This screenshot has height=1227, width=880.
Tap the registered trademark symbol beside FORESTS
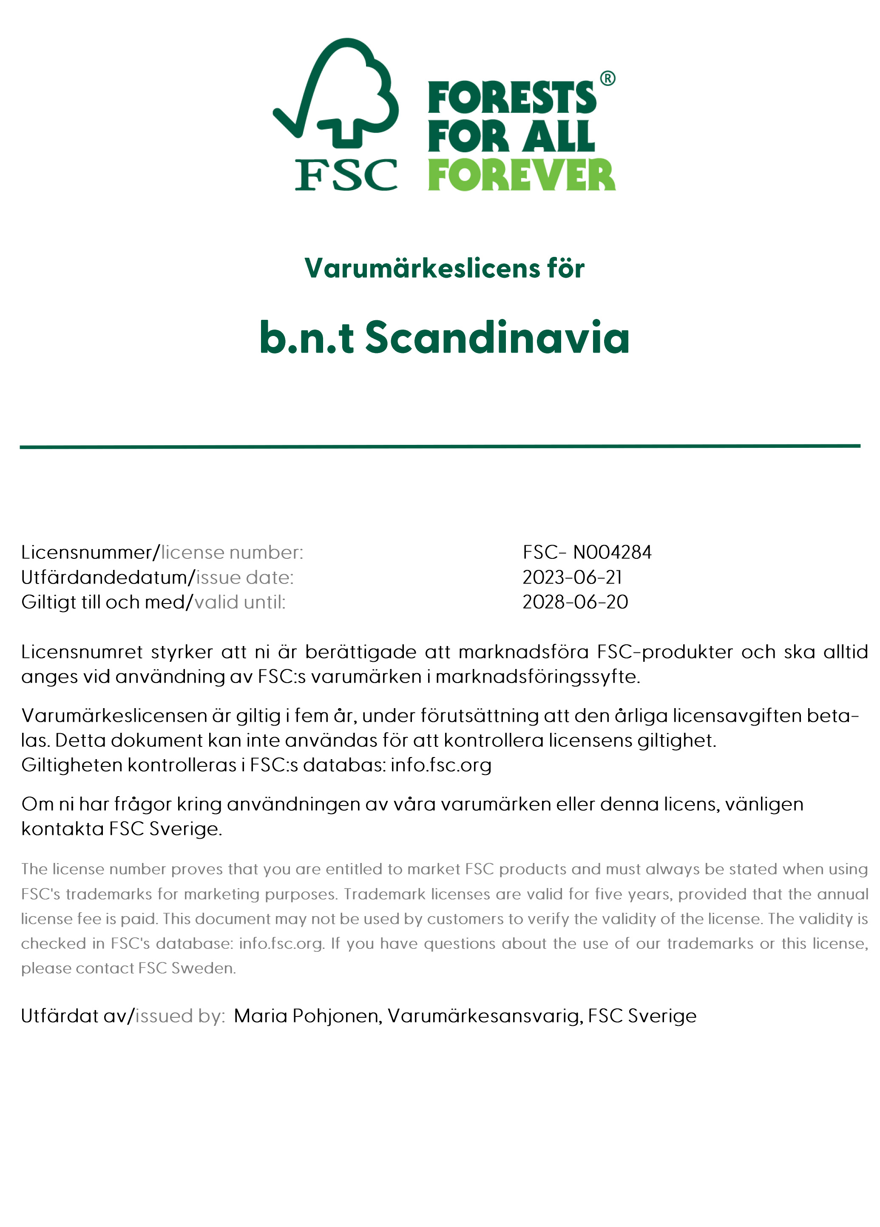pyautogui.click(x=607, y=78)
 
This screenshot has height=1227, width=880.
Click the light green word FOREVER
pyautogui.click(x=521, y=175)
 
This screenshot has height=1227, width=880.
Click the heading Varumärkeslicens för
pyautogui.click(x=444, y=268)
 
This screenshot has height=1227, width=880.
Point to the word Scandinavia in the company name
pyautogui.click(x=497, y=338)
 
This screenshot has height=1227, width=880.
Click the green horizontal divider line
pyautogui.click(x=440, y=446)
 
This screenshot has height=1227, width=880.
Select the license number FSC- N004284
pyautogui.click(x=587, y=552)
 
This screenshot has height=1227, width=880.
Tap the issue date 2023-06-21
pyautogui.click(x=572, y=577)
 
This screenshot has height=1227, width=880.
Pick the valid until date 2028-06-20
pyautogui.click(x=575, y=602)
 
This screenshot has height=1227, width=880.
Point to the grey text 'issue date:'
pyautogui.click(x=244, y=577)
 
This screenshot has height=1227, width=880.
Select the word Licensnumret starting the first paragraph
pyautogui.click(x=82, y=652)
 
